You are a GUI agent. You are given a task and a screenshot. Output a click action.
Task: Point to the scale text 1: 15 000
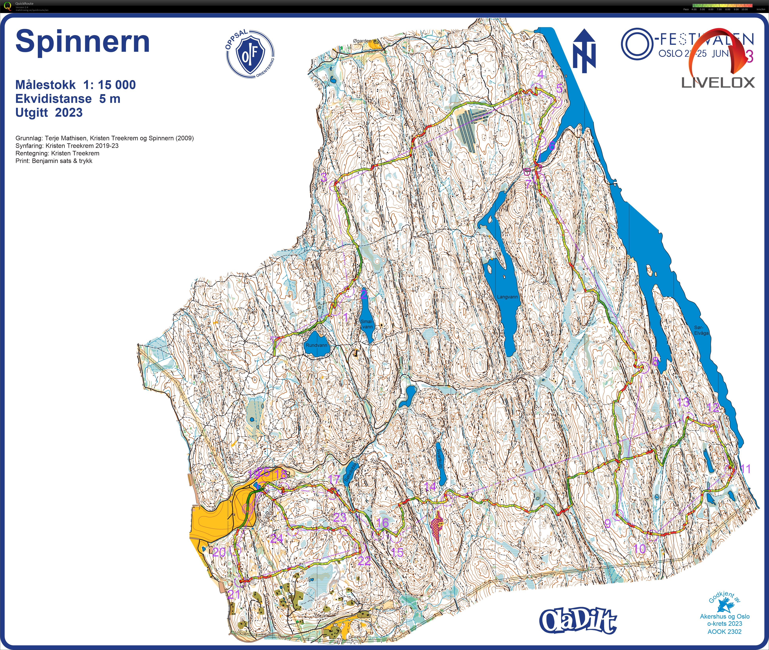tap(109, 85)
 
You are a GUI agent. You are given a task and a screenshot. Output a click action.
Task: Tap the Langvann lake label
tap(507, 297)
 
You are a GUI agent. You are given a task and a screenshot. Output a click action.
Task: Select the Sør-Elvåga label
tap(701, 330)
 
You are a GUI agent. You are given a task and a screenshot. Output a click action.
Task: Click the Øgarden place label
tap(362, 41)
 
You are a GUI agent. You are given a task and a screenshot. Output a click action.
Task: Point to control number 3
tap(324, 177)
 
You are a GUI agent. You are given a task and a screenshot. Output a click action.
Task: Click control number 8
tap(655, 361)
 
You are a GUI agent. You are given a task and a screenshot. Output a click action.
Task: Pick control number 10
tap(639, 549)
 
